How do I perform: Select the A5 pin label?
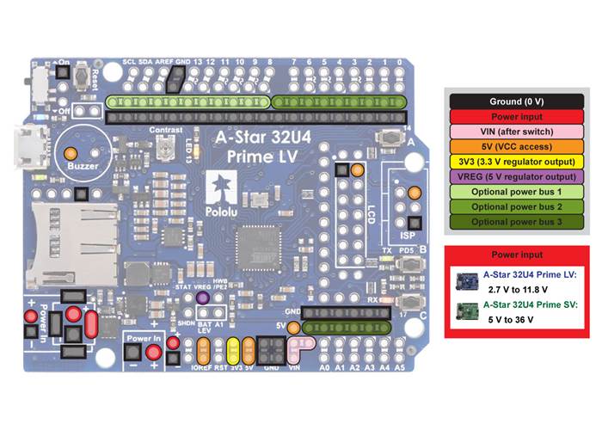click(399, 367)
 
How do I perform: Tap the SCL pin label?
click(130, 63)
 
